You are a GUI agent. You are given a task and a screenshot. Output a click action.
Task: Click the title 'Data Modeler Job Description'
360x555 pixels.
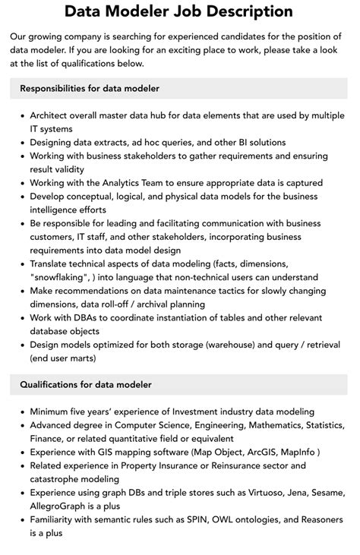click(x=179, y=11)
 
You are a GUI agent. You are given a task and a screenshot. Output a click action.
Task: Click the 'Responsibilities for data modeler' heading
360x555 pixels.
click(x=90, y=89)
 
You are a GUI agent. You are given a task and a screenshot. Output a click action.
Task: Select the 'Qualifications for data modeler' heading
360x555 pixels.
click(x=86, y=384)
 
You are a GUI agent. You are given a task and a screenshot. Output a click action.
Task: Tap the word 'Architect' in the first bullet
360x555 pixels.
click(x=52, y=115)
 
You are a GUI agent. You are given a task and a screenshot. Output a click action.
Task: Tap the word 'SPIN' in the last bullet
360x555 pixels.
click(x=202, y=520)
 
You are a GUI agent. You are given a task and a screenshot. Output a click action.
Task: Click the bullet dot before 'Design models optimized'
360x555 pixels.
click(x=22, y=345)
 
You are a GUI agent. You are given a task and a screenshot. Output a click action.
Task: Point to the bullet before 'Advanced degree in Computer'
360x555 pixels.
click(x=22, y=424)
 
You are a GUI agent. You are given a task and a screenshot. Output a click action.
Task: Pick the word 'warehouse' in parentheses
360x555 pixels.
click(x=242, y=345)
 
